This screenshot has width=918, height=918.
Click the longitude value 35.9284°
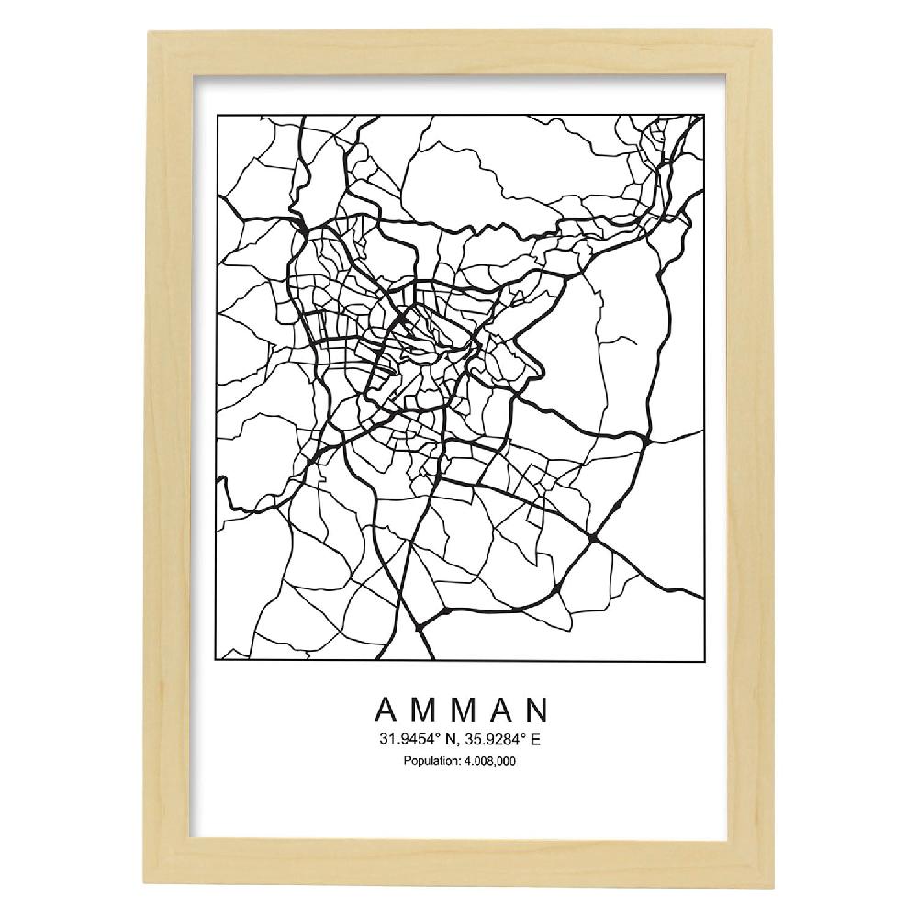[x=498, y=739]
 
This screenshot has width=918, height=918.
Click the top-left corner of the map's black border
[x=217, y=114]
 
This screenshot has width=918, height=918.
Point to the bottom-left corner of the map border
[x=217, y=659]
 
